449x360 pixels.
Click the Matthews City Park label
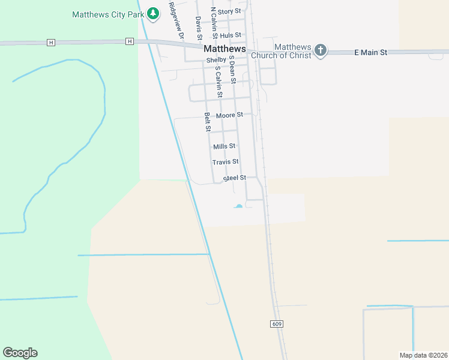click(x=109, y=14)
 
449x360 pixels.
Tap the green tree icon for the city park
click(x=153, y=13)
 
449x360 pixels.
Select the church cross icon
click(x=321, y=50)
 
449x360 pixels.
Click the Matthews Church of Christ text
click(x=293, y=51)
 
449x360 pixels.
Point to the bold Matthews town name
click(x=225, y=48)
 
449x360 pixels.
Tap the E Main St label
click(x=371, y=53)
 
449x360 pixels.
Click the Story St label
click(x=229, y=11)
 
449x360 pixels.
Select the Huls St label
click(x=230, y=35)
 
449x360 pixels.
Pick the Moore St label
click(x=229, y=115)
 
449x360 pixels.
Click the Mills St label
click(x=224, y=146)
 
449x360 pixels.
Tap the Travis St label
click(x=226, y=162)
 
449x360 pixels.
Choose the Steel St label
click(x=235, y=178)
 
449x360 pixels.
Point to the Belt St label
click(x=208, y=122)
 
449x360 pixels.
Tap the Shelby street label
click(x=216, y=60)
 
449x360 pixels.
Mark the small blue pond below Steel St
click(x=239, y=206)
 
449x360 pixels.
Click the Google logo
click(x=20, y=353)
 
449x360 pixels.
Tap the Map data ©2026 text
click(x=423, y=355)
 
